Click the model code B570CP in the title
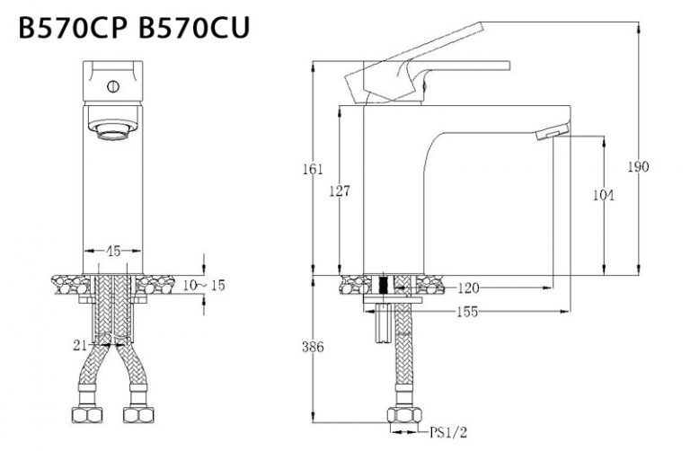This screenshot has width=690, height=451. click(73, 27)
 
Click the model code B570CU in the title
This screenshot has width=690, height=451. click(194, 27)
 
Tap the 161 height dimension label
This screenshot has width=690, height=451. click(313, 169)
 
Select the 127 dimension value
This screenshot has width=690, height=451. click(340, 190)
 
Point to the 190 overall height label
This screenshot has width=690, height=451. click(638, 167)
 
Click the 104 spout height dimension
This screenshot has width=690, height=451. click(604, 195)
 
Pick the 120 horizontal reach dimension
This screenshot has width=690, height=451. click(468, 288)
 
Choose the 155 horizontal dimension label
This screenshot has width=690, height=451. click(467, 312)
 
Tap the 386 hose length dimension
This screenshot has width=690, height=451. click(313, 347)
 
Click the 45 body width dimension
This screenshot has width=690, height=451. click(113, 251)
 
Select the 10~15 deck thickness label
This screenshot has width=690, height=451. click(204, 285)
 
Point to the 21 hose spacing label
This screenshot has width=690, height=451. click(80, 345)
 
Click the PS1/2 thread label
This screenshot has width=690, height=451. click(448, 432)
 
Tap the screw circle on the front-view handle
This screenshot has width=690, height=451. click(113, 86)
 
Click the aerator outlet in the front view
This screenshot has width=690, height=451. click(113, 129)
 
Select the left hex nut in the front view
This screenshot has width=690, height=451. click(87, 415)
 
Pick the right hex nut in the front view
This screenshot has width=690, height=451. click(138, 415)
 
